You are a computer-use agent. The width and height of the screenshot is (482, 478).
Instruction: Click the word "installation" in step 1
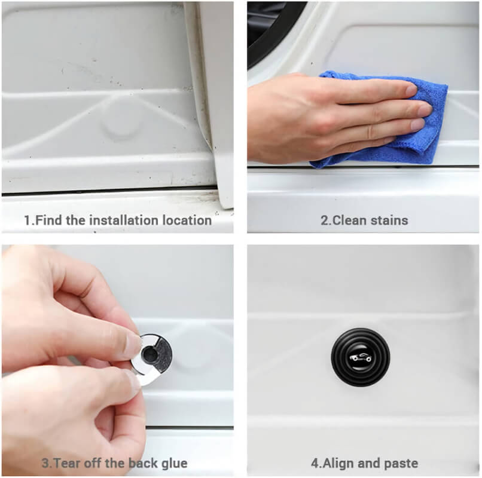[x=124, y=220]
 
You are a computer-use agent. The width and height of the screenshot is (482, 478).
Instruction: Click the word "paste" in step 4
[x=401, y=464]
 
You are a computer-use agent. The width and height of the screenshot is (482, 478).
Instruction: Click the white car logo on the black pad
[x=361, y=357]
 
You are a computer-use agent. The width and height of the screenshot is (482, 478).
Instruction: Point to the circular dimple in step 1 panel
[x=122, y=126]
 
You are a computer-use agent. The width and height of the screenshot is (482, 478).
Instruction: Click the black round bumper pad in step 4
[x=361, y=357]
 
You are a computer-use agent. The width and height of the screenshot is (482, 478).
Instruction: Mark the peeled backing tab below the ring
[x=147, y=379]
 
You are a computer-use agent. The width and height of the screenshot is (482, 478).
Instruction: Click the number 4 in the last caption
[x=315, y=463]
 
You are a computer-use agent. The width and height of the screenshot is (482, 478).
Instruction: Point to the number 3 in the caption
[x=45, y=463]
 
